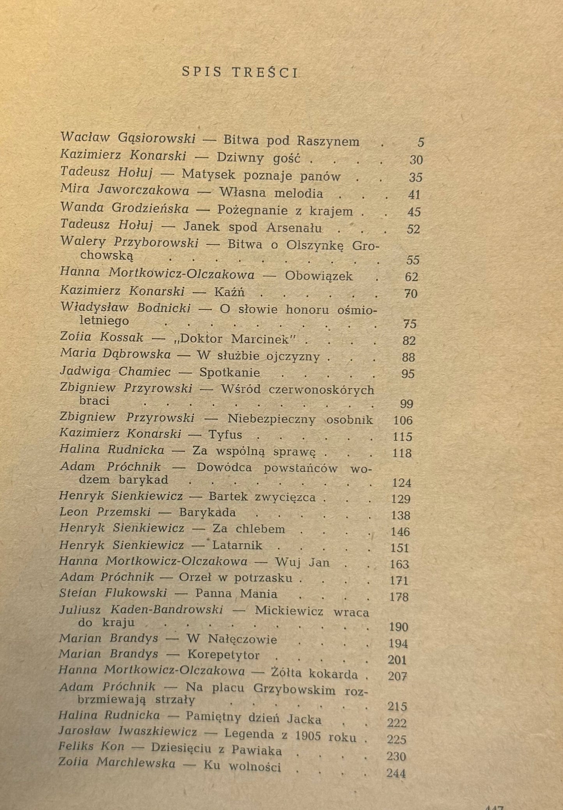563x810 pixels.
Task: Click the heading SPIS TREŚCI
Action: coord(240,73)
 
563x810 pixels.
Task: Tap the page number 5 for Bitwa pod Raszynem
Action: coord(420,142)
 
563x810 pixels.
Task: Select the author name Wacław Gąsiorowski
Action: coord(128,138)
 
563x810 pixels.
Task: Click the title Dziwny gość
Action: coord(258,158)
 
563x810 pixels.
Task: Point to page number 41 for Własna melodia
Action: coord(414,194)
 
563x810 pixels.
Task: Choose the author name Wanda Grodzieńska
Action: coord(124,209)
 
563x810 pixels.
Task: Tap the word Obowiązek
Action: coord(319,276)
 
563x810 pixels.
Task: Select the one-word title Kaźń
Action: coord(229,292)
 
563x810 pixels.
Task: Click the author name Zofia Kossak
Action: coord(102,337)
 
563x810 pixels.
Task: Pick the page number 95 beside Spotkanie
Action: coord(408,374)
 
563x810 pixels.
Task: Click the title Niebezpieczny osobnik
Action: coord(300,419)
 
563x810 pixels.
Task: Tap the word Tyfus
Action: coord(225,435)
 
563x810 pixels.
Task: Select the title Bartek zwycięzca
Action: coord(262,497)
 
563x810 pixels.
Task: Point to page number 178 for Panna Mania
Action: coord(399,597)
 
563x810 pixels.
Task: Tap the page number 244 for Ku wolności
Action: coord(396,773)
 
